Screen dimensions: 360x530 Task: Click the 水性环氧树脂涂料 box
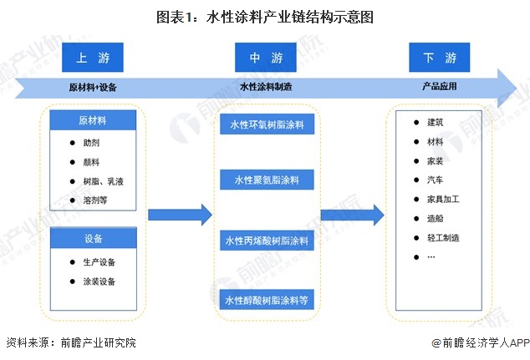click(267, 125)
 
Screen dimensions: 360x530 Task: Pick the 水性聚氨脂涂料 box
click(267, 180)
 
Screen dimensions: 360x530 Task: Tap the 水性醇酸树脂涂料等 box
click(267, 299)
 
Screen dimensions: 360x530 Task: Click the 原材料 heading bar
click(94, 121)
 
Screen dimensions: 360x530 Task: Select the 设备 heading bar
click(94, 239)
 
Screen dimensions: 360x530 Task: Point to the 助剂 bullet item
click(92, 143)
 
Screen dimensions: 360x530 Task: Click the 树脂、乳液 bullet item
click(100, 181)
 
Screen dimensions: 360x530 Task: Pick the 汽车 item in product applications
click(435, 180)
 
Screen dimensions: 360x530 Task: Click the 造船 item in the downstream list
click(435, 219)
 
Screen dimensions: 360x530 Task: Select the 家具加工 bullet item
click(442, 200)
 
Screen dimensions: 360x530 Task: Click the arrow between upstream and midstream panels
click(180, 215)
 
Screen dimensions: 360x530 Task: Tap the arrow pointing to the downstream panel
click(351, 215)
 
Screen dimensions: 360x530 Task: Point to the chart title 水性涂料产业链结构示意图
click(265, 16)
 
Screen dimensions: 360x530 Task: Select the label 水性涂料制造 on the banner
click(266, 85)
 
